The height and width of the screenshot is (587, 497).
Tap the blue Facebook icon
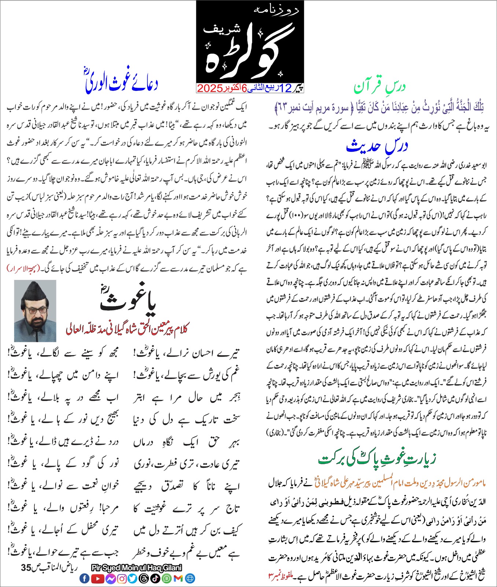point(84,579)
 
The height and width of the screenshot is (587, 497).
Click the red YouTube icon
point(97,579)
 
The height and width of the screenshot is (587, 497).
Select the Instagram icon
point(122,579)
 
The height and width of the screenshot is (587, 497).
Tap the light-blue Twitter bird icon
point(132,579)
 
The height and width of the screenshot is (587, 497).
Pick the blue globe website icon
point(190,579)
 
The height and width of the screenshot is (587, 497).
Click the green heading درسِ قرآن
point(380,87)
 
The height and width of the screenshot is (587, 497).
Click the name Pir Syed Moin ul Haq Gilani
point(136,568)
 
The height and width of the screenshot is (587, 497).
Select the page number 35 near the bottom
point(26,568)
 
